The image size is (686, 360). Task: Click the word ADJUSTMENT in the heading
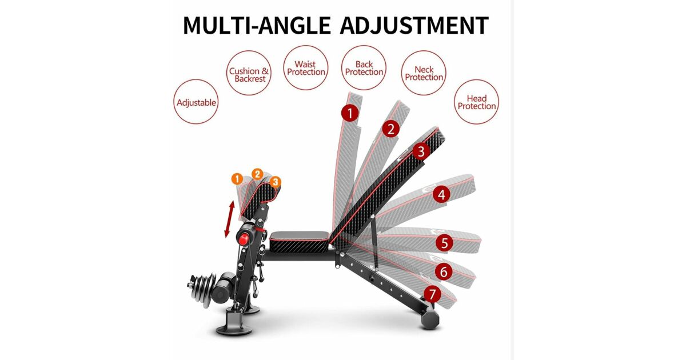click(414, 25)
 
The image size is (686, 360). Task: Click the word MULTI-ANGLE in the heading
click(257, 25)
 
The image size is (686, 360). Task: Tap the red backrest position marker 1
click(350, 113)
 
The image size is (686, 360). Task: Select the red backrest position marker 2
click(391, 129)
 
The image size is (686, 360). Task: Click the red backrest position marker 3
click(421, 151)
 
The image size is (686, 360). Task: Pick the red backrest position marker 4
click(441, 195)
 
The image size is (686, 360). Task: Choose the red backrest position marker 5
click(444, 243)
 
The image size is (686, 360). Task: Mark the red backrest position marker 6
click(444, 271)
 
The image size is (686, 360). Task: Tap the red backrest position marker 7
click(432, 294)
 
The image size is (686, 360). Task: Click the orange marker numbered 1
click(237, 179)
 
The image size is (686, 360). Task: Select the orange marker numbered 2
click(258, 174)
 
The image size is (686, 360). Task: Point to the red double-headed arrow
click(230, 219)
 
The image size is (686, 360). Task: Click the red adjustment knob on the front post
click(244, 239)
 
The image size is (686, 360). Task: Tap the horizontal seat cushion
click(300, 242)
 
